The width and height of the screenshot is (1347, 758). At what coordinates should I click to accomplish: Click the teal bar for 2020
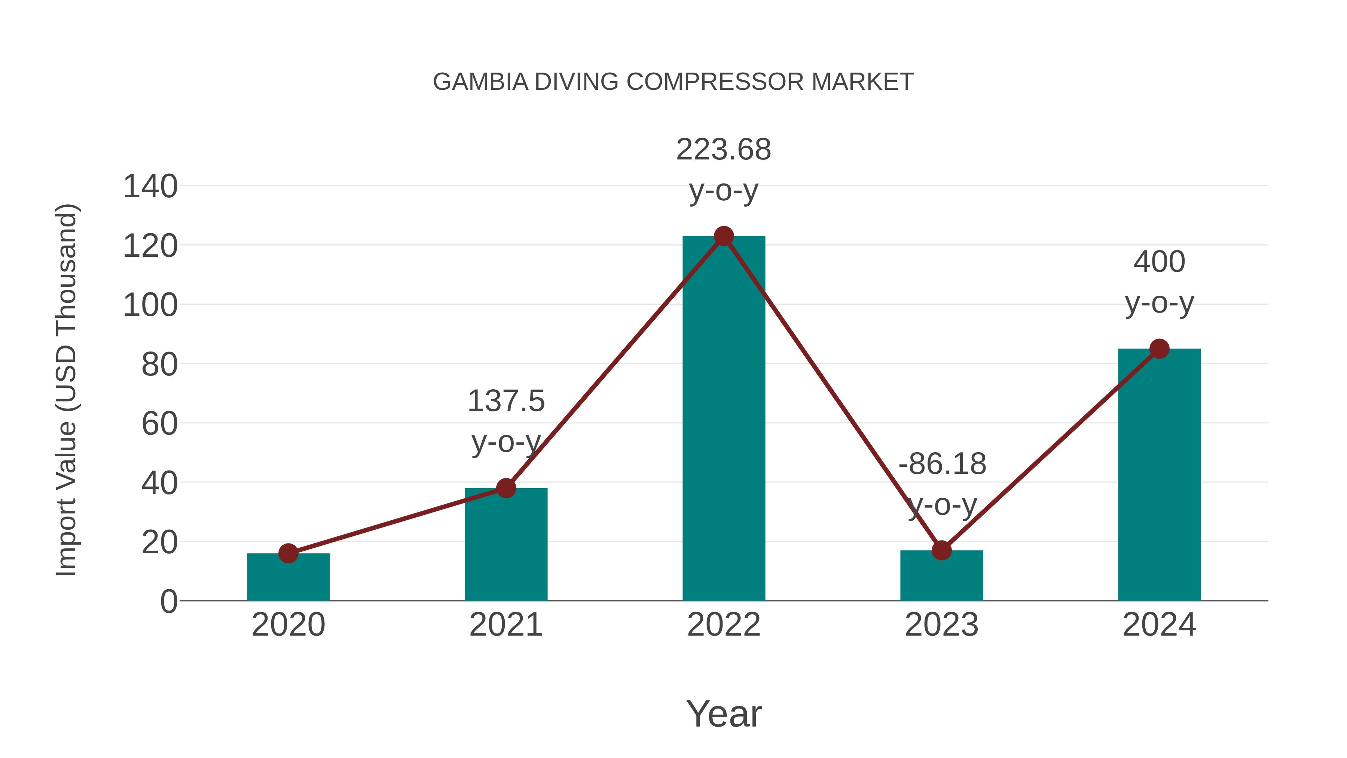pos(288,578)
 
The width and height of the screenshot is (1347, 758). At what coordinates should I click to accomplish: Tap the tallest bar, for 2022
pos(724,418)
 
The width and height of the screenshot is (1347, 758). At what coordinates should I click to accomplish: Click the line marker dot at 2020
pos(288,553)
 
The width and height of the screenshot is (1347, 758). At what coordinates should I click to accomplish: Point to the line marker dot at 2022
pos(724,236)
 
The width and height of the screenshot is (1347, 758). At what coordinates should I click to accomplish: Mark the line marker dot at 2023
pos(941,550)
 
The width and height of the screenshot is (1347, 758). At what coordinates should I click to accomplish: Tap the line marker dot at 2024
pos(1159,348)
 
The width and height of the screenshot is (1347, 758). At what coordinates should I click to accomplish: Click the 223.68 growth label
pos(724,150)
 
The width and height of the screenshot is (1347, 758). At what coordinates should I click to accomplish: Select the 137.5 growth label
pos(505,401)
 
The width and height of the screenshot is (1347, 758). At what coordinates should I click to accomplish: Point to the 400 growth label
pos(1159,262)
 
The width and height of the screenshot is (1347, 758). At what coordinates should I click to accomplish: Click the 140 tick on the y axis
pos(150,186)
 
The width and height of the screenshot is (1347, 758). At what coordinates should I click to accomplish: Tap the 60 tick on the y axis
pos(159,424)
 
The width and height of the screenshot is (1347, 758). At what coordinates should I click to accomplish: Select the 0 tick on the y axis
pos(168,601)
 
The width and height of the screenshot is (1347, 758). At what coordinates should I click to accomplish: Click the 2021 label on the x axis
pos(505,625)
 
